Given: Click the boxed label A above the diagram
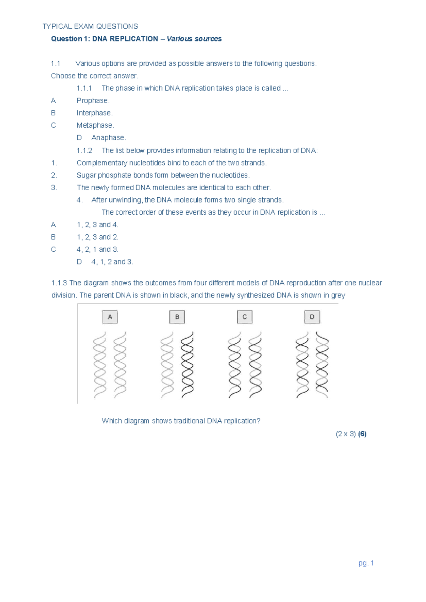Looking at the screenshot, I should pos(110,317).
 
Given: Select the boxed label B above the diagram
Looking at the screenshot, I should pos(177,317).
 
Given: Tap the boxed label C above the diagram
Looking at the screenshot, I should pos(245,317).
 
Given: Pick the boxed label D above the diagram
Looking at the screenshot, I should pos(312,317).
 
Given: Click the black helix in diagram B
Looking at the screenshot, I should pos(187,365).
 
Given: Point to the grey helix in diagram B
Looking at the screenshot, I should pos(167,365).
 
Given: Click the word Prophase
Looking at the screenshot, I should pos(93,100).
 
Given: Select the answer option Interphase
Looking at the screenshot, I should pos(94,113).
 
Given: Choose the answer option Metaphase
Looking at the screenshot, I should pos(95,125).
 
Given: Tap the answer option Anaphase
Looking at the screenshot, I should pos(108,138).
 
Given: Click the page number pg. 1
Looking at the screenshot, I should pos(366,563).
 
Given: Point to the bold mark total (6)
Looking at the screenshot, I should pos(362,434).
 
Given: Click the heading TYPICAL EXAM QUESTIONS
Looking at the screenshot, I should pos(90,26).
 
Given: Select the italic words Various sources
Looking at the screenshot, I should pos(194,39).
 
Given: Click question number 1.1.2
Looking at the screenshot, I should pos(84,150).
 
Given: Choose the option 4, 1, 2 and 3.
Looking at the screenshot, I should pos(112,262).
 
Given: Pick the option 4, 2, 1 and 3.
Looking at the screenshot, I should pos(97,249).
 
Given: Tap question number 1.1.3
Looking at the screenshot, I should pos(59,283).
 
